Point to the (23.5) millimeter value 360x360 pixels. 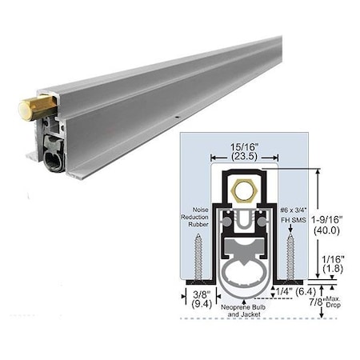click(x=235, y=157)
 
